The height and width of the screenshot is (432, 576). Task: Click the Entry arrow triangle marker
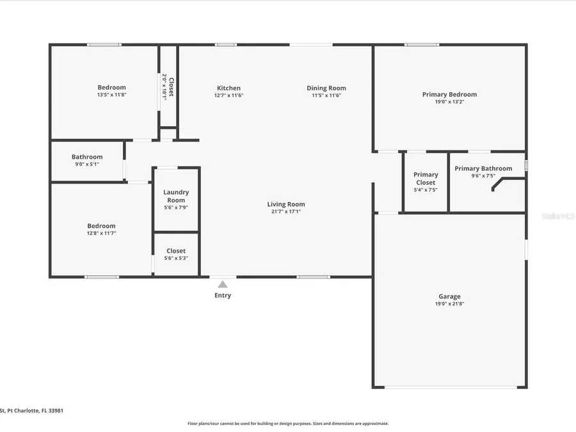tap(222, 284)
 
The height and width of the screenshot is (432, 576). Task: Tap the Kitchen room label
tap(228, 88)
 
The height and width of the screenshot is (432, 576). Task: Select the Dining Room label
tap(326, 88)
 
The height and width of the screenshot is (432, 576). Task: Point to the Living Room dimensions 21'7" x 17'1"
tap(286, 212)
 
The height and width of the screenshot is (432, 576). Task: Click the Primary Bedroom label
tap(449, 95)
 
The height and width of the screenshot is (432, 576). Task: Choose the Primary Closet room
tap(426, 182)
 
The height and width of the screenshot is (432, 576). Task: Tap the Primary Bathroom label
tap(483, 169)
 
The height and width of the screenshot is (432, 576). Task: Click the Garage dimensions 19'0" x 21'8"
tap(449, 304)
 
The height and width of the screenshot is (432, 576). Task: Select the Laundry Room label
tap(176, 196)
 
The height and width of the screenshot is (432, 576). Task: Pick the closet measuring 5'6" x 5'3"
tap(176, 254)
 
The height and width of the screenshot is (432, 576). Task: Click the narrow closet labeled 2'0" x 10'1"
tap(168, 86)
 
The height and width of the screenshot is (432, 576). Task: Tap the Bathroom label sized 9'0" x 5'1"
tap(87, 157)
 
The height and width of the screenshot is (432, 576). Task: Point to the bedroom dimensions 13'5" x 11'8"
tap(111, 95)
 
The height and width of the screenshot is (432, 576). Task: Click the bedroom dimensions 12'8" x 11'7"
tap(101, 234)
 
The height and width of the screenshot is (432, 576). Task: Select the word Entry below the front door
tap(223, 296)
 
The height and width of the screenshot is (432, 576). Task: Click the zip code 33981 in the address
tap(55, 411)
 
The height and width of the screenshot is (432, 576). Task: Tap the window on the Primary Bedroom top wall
tap(422, 45)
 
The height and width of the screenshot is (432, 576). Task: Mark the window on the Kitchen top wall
tap(225, 45)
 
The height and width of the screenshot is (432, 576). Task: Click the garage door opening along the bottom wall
tap(450, 387)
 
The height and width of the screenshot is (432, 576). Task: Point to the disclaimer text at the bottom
tap(287, 424)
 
